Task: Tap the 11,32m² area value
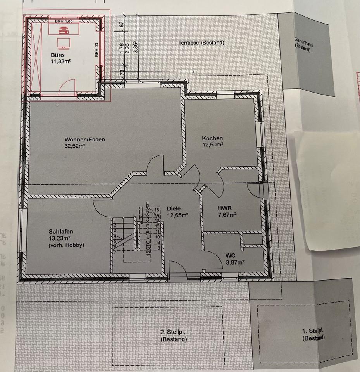coord(60,61)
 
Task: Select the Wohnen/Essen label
coord(85,139)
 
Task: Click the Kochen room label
coord(212,138)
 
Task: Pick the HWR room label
coord(225,208)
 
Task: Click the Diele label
coord(174,208)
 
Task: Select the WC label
coord(230,256)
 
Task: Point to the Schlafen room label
coord(61,231)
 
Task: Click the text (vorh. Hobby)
coord(66,245)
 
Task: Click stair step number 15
coord(157,210)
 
